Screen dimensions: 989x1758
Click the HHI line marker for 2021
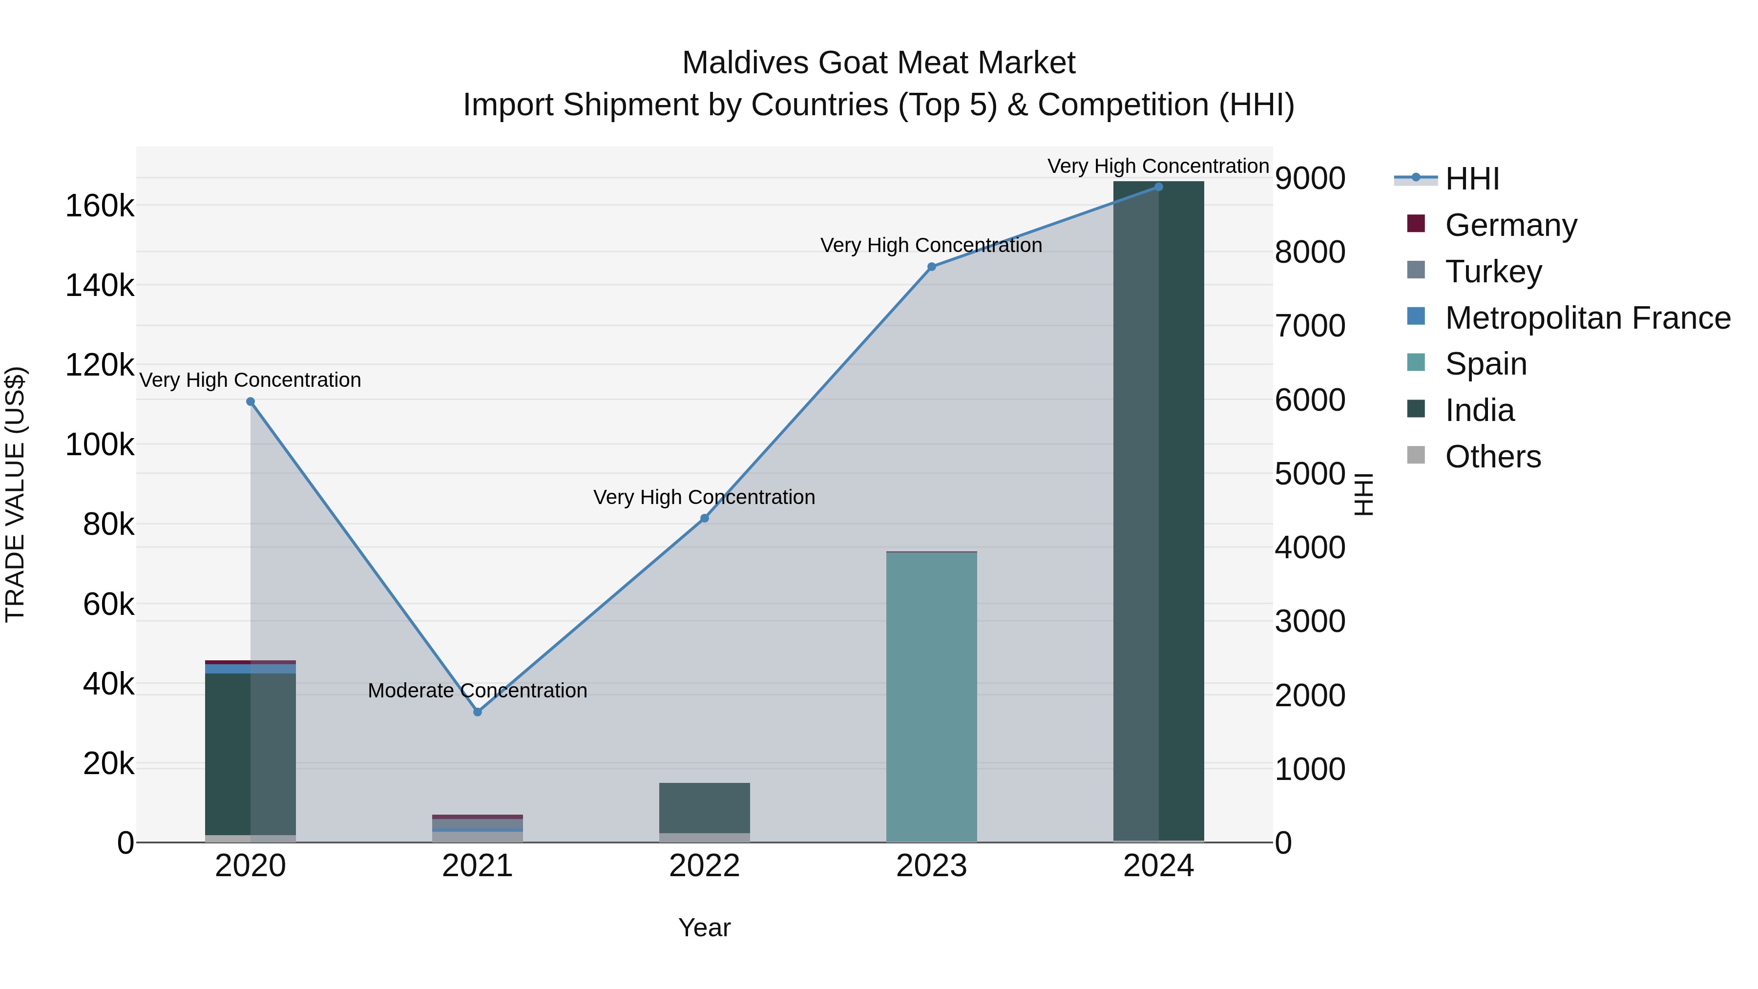point(478,712)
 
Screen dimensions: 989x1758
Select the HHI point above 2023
point(932,267)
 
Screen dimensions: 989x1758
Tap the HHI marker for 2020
point(251,402)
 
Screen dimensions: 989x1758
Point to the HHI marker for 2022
point(704,519)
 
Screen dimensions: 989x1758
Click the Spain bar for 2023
point(932,696)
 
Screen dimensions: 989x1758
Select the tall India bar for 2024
point(1159,512)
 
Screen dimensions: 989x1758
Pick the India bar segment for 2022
point(704,808)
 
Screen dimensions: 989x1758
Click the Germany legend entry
point(1510,225)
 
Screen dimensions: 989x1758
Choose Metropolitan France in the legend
point(1588,318)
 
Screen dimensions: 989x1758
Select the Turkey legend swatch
point(1416,270)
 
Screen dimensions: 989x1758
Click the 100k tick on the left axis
point(100,445)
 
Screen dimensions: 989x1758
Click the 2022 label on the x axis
point(704,866)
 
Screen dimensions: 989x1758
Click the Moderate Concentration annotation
point(478,691)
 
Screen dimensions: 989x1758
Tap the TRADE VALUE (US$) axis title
point(15,494)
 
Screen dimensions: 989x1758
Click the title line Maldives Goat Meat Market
point(879,63)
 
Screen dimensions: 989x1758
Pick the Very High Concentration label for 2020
point(251,380)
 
